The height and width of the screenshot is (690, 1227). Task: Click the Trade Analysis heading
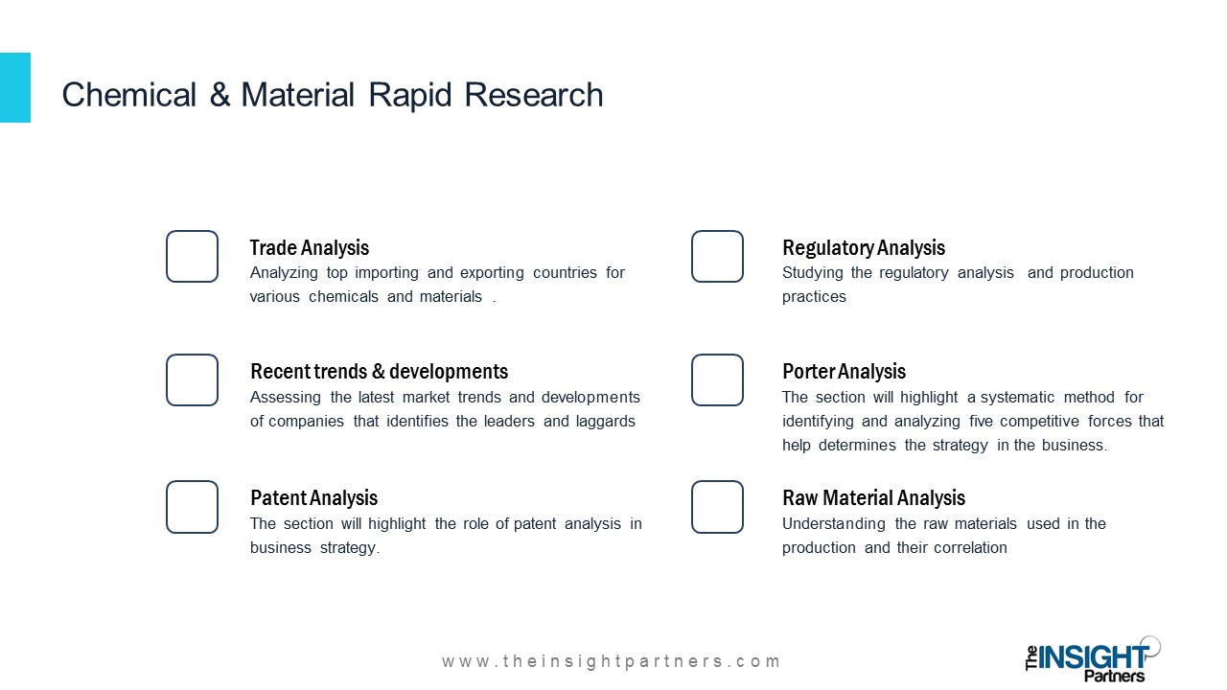point(310,248)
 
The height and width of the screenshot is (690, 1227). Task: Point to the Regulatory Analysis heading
point(864,248)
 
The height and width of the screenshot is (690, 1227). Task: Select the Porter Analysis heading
point(844,372)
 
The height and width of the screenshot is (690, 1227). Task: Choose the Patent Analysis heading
point(313,498)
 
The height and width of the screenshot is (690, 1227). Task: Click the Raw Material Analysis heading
point(873,498)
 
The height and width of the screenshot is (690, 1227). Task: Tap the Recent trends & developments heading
point(379,372)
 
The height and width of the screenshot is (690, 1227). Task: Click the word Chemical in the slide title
point(128,95)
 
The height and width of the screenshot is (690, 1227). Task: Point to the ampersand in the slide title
point(220,95)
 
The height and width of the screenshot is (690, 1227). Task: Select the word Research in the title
point(534,95)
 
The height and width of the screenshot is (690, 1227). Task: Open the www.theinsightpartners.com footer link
point(611,661)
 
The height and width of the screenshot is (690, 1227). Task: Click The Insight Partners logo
point(1093,659)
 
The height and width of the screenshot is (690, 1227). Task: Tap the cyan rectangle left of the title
point(15,87)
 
